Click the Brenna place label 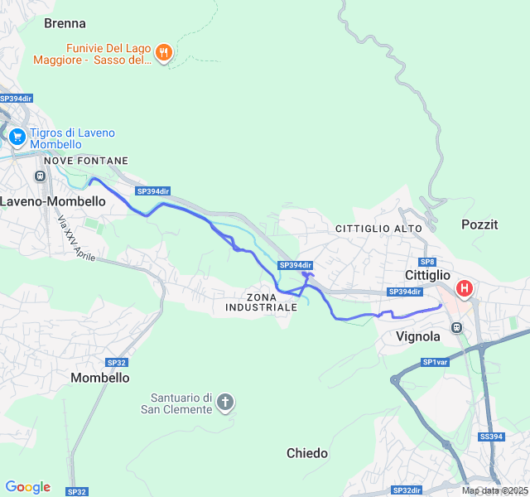(65, 23)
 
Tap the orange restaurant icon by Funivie (164, 53)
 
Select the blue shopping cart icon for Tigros (16, 135)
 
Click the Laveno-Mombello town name (53, 201)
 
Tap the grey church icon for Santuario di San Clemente (224, 403)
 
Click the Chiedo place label (307, 453)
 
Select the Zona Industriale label (261, 302)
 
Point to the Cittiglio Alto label (378, 228)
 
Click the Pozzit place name (479, 224)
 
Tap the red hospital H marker (465, 288)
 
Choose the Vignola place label (418, 336)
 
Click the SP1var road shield (435, 362)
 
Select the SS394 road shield (491, 437)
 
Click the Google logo (27, 487)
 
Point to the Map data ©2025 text (494, 490)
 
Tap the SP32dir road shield (407, 490)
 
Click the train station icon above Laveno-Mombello (39, 176)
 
